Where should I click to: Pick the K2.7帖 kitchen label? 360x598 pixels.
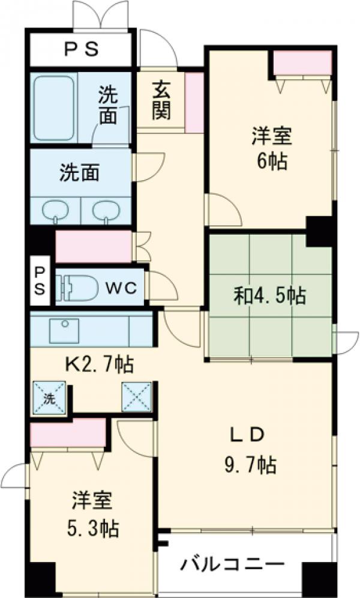pyautogui.click(x=99, y=364)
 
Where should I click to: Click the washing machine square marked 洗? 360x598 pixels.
pyautogui.click(x=47, y=397)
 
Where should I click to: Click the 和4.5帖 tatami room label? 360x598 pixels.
pyautogui.click(x=269, y=295)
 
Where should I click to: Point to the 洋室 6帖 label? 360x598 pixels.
pyautogui.click(x=271, y=148)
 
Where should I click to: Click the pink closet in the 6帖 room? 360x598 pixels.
pyautogui.click(x=302, y=63)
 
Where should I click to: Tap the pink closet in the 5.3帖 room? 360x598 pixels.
pyautogui.click(x=67, y=433)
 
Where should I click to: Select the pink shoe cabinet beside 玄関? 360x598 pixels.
pyautogui.click(x=194, y=103)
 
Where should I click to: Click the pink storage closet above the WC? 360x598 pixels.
pyautogui.click(x=93, y=247)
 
